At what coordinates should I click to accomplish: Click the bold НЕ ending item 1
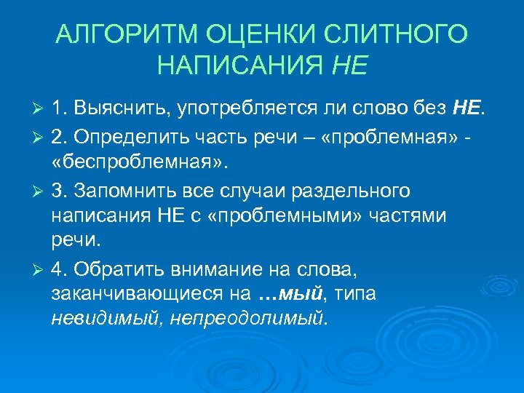466,108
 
